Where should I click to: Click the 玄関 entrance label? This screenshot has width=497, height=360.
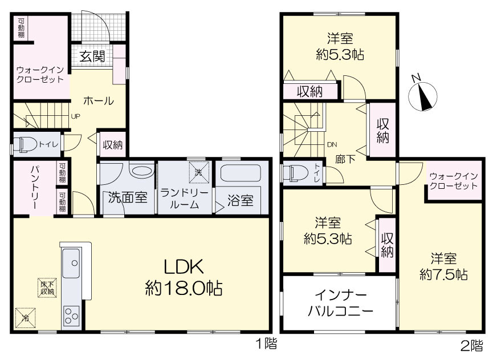(x=92, y=56)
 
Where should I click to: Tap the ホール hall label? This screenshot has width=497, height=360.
(x=98, y=101)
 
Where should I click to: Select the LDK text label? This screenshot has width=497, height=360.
(x=184, y=267)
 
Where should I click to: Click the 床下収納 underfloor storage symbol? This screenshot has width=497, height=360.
(x=47, y=288)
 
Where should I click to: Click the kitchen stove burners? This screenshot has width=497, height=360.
(x=71, y=315)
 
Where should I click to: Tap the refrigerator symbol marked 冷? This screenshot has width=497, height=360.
(x=25, y=318)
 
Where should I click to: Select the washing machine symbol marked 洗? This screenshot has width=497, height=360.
(x=199, y=172)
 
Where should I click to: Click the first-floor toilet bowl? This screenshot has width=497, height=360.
(x=28, y=145)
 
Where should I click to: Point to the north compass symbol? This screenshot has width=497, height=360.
(x=423, y=96)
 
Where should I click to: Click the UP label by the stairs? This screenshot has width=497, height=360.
(x=75, y=116)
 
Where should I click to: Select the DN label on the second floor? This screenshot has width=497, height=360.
(x=332, y=145)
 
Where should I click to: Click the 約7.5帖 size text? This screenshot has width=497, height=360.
(x=444, y=274)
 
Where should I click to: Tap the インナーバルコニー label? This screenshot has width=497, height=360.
(x=340, y=303)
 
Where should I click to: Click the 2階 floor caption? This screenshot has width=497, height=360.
(x=472, y=345)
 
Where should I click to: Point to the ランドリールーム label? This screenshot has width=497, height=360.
(x=184, y=199)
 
